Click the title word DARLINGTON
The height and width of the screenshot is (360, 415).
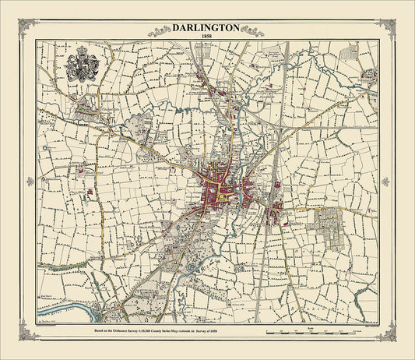(x=207, y=26)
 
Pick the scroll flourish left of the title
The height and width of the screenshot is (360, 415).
(x=160, y=30)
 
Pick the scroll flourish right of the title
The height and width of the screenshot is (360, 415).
(x=254, y=30)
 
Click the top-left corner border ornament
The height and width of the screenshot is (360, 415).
(x=30, y=29)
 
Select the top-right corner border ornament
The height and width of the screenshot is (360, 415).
(x=385, y=29)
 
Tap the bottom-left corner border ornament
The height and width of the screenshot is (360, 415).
(x=30, y=332)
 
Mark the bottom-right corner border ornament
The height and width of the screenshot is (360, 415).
(x=385, y=332)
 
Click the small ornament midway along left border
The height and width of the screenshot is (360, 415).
(x=30, y=181)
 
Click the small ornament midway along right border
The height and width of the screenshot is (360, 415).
(x=385, y=181)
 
